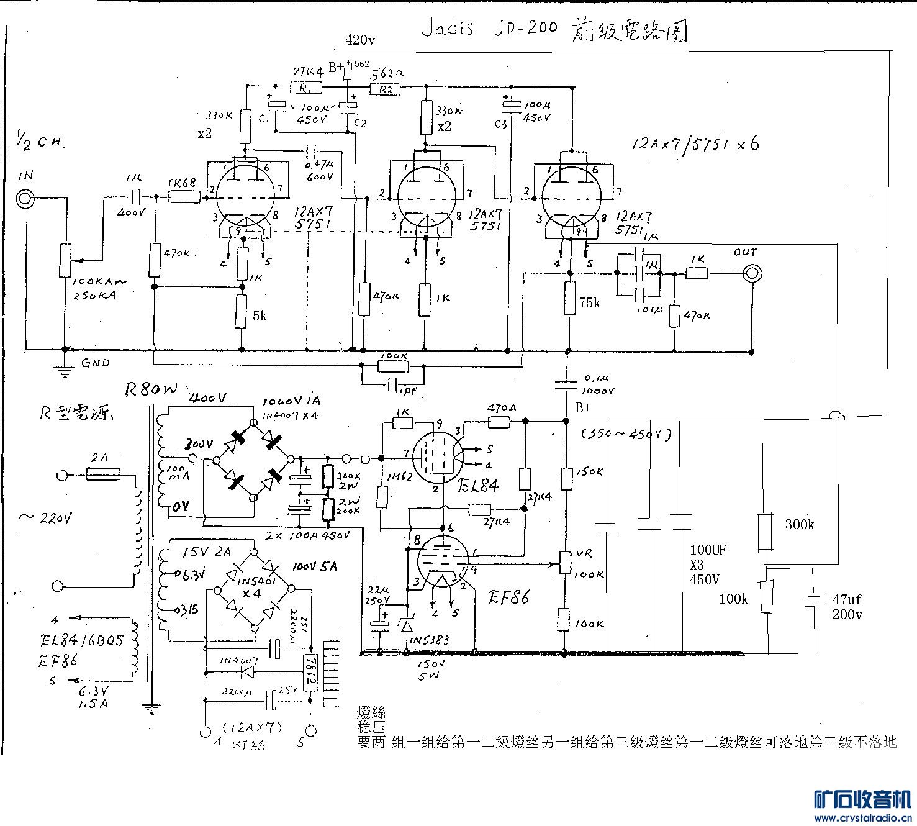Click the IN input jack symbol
pos(25,199)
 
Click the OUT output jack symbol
pos(752,273)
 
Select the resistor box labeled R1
pos(307,88)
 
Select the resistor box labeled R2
pos(386,89)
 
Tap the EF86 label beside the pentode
pos(508,598)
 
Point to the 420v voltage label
pos(360,40)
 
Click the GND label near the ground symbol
pos(96,363)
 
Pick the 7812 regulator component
pos(311,673)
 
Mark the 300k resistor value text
pos(800,525)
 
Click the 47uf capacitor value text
pos(847,600)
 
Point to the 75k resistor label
pos(590,303)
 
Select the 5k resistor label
pos(260,315)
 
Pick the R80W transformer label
pos(151,389)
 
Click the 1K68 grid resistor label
pos(181,183)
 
